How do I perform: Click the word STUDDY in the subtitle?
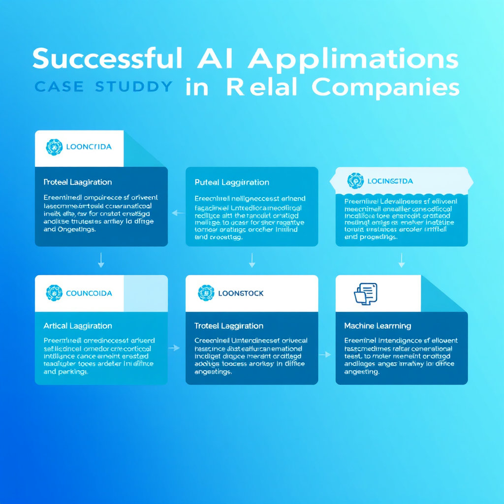pos(133,87)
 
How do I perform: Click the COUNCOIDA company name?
pos(90,293)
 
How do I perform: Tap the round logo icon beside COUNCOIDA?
pos(54,293)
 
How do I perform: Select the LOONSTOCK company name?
pos(240,293)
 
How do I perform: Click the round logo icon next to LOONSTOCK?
pos(206,293)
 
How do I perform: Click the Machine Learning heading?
pos(378,326)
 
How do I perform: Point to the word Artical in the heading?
pos(56,326)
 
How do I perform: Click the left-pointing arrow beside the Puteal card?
pos(177,213)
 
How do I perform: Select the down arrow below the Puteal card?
pos(252,260)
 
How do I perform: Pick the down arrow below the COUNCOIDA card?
pos(101,260)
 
